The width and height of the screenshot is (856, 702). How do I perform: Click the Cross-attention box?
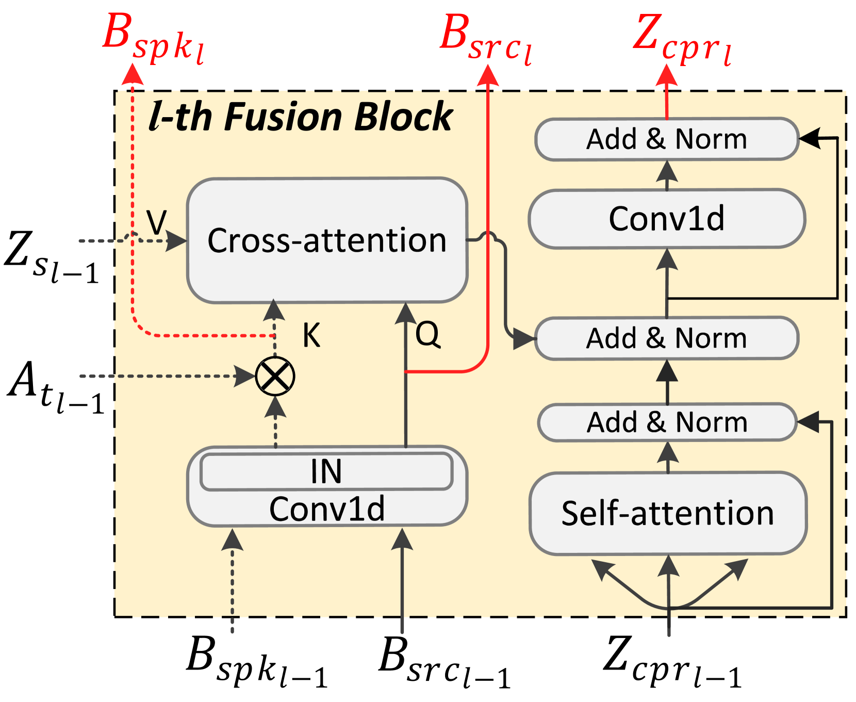327,240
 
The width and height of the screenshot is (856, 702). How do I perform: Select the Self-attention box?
668,513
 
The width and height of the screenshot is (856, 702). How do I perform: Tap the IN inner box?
326,471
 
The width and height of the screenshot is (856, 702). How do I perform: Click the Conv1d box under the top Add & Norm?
667,219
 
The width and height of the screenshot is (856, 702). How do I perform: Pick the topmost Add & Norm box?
667,139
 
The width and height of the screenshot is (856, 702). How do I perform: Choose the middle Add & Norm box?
667,338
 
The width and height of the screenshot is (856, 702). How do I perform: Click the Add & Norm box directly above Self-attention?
667,422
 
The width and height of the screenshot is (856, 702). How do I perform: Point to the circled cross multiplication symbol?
275,376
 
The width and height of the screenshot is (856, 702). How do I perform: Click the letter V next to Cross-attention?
157,223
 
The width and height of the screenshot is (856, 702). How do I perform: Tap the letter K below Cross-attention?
311,335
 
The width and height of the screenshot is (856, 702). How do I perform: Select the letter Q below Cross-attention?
427,334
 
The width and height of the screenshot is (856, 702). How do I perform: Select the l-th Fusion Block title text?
301,117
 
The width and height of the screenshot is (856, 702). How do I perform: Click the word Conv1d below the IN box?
327,509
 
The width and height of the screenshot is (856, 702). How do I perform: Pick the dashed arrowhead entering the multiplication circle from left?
244,376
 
